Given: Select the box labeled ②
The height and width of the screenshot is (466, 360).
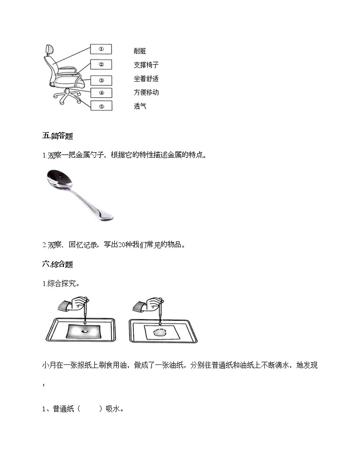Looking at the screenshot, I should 101,64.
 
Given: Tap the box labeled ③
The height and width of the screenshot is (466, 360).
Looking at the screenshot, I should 101,80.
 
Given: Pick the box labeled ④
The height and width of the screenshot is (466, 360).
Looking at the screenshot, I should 101,93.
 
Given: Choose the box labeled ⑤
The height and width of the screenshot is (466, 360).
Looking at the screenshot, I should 101,107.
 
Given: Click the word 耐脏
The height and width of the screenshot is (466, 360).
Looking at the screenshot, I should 140,52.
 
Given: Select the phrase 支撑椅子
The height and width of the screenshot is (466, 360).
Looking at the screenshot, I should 146,65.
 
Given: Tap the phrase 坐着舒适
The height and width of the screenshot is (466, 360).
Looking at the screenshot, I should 146,79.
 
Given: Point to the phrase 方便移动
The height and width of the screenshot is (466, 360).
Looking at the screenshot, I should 146,92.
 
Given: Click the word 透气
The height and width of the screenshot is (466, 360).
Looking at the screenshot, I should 140,107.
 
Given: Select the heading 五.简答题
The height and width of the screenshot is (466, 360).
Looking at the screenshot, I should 58,136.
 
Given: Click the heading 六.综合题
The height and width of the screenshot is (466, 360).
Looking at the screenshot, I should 58,264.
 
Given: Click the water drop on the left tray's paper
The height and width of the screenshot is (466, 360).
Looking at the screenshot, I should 84,331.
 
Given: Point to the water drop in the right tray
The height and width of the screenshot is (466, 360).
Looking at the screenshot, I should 159,332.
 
